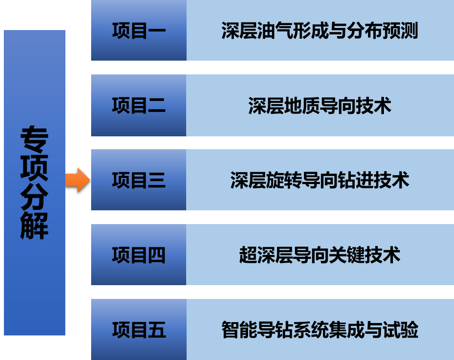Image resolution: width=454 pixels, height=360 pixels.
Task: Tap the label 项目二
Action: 138,105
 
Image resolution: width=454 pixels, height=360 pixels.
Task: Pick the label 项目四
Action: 138,255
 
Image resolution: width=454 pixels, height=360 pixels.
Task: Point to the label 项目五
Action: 138,330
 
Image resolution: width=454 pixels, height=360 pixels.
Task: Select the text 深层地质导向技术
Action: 319,106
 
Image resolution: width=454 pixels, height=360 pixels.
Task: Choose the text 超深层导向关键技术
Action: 319,255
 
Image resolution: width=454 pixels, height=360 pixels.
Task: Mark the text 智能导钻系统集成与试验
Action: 319,330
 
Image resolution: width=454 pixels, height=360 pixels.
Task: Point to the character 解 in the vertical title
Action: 34,225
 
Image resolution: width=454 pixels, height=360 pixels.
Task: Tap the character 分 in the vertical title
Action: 34,197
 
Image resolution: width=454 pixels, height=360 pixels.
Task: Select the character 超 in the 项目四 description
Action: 248,255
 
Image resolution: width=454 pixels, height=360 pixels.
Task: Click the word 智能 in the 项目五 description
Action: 239,330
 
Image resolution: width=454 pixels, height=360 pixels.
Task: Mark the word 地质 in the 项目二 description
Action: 302,106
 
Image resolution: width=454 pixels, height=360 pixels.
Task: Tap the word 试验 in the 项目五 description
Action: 400,330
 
